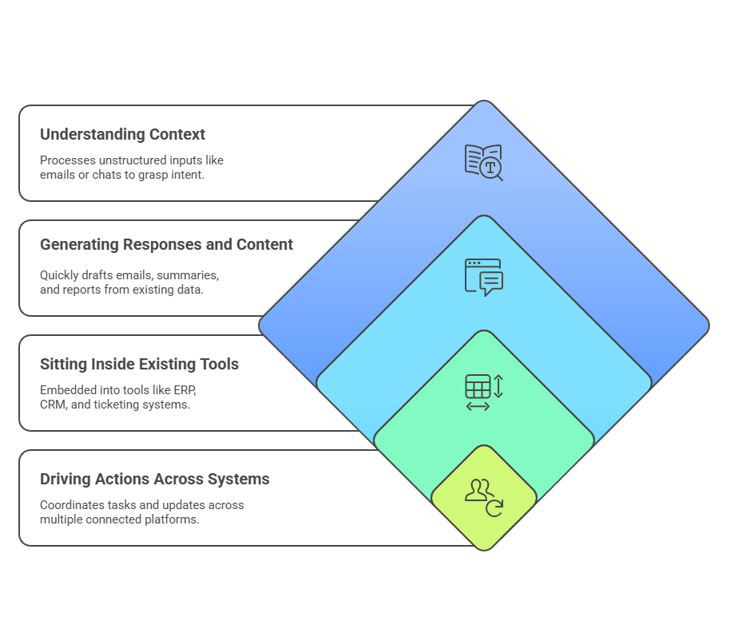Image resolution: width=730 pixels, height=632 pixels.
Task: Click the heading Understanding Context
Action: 122,134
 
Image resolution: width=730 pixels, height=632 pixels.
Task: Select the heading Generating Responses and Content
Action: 166,244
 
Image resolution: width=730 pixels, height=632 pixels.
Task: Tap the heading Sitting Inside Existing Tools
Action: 139,364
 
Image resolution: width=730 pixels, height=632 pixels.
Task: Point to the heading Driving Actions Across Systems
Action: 154,479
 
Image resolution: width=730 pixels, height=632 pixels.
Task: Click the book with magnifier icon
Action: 483,162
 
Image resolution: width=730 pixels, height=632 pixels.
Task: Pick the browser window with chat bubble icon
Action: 483,277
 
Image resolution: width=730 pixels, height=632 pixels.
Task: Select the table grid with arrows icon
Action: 483,392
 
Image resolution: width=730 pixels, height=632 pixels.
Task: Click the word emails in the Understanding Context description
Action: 57,174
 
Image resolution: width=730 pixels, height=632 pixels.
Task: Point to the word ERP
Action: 183,390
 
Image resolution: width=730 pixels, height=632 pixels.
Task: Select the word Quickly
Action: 61,275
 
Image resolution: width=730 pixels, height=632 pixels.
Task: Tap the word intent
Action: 188,174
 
